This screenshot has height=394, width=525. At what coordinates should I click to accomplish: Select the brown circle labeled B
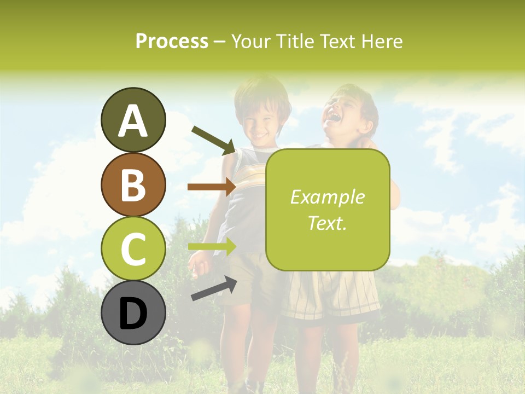[133, 184]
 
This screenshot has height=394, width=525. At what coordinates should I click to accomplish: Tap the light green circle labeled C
[133, 248]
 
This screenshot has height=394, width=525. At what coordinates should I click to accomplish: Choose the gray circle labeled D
[133, 312]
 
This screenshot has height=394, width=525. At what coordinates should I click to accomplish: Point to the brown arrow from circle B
[212, 187]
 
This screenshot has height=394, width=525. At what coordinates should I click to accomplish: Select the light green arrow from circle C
[212, 246]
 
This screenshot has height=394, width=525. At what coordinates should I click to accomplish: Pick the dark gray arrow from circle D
[214, 288]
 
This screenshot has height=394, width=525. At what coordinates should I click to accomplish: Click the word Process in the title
[172, 41]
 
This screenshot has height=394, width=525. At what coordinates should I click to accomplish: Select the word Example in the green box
[328, 197]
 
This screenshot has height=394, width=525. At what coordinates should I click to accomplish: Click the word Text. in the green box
[328, 223]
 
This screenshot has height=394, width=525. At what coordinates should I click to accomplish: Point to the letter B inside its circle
[133, 184]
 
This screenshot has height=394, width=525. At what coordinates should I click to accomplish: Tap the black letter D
[133, 314]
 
